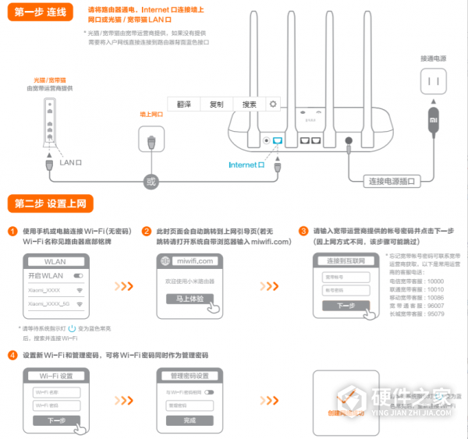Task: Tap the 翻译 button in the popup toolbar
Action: pyautogui.click(x=184, y=104)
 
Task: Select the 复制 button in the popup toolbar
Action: pyautogui.click(x=217, y=104)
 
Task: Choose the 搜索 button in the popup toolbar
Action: pyautogui.click(x=249, y=104)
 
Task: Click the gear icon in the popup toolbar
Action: pyautogui.click(x=273, y=104)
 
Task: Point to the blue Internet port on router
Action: pyautogui.click(x=278, y=140)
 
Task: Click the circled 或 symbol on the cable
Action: pyautogui.click(x=151, y=182)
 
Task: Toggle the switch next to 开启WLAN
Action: pyautogui.click(x=79, y=276)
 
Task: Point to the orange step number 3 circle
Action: pyautogui.click(x=303, y=231)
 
